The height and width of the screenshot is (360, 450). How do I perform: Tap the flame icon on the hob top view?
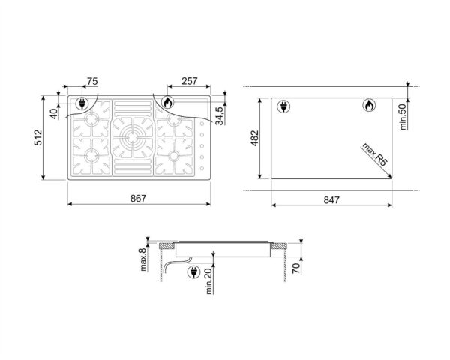pos(167,103)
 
